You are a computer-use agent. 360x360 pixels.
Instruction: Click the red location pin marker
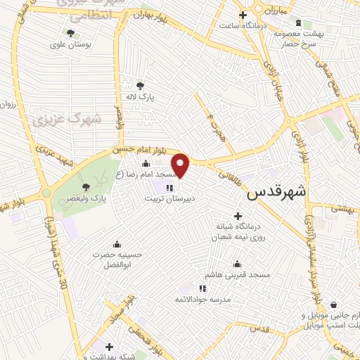tap(181, 165)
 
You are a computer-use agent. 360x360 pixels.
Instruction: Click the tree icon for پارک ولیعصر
tap(86, 187)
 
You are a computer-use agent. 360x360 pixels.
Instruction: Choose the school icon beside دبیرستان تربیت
tap(169, 188)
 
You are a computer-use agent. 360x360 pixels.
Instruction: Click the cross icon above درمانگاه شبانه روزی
tap(237, 215)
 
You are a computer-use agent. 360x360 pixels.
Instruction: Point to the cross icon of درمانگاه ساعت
tap(243, 15)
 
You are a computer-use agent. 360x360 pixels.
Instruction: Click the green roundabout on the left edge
tap(47, 192)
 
